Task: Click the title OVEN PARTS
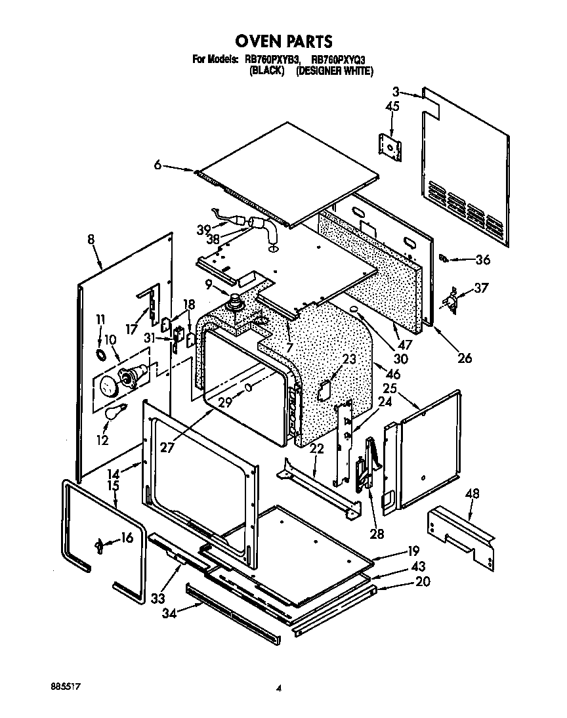click(x=283, y=42)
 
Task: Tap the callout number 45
click(x=392, y=106)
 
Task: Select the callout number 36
click(x=482, y=259)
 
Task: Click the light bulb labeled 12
click(x=116, y=413)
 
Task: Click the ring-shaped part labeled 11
click(x=101, y=355)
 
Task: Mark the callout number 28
click(x=376, y=534)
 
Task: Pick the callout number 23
click(x=348, y=359)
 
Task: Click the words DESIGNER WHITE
click(x=335, y=71)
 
